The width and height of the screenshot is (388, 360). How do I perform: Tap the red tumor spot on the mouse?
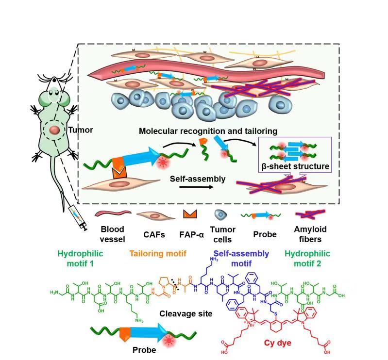coord(54,130)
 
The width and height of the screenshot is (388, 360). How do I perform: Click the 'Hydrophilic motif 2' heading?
coord(307,258)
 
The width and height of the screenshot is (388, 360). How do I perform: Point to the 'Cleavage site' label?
coord(186,313)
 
